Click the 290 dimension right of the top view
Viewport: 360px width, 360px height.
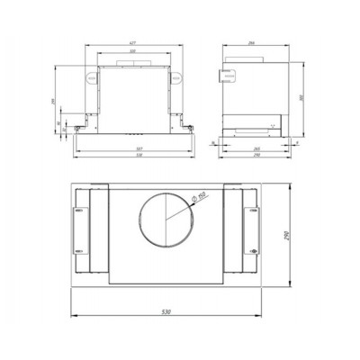click(x=301, y=236)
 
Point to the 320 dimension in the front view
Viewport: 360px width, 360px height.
click(x=132, y=52)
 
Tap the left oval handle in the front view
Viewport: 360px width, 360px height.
click(x=90, y=78)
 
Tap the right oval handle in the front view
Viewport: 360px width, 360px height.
click(x=175, y=78)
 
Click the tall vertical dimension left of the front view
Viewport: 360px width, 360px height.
click(x=56, y=99)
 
